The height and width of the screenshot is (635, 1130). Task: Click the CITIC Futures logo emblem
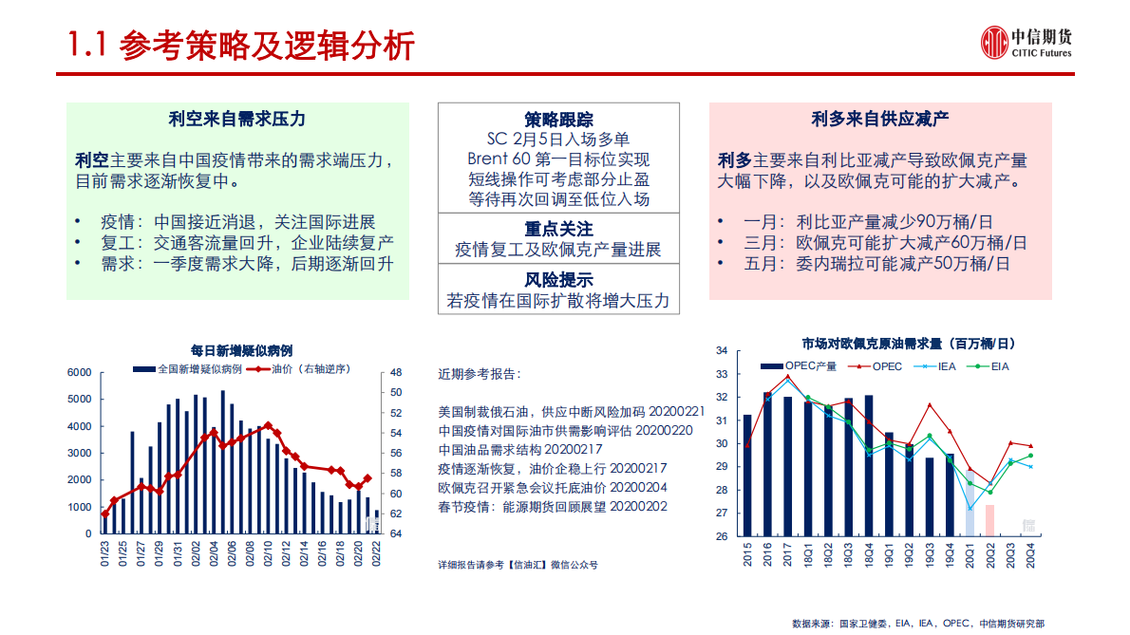tap(993, 43)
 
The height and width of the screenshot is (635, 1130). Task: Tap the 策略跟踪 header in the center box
tap(558, 120)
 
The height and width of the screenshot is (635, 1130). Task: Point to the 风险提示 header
tap(558, 279)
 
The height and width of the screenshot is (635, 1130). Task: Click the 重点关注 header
tap(558, 229)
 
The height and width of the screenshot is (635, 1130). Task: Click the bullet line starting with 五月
tap(876, 264)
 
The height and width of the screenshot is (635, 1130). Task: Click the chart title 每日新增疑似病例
tap(241, 350)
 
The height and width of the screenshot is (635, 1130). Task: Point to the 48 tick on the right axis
tap(395, 373)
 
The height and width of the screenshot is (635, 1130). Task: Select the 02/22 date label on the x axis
tap(377, 552)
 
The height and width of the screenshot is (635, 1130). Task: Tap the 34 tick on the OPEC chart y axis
tap(721, 351)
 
